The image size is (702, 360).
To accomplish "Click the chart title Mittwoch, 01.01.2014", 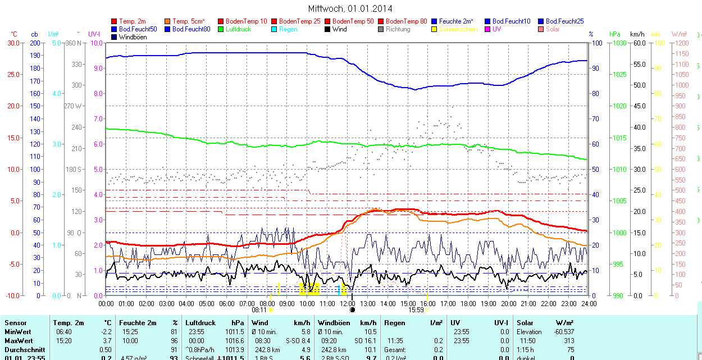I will [x=350, y=8].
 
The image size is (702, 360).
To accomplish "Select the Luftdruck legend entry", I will [x=238, y=29].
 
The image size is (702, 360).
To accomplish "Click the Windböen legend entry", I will [x=133, y=37].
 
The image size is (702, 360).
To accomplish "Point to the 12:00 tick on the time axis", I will [x=348, y=304].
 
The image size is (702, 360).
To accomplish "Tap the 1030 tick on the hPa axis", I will [x=619, y=43].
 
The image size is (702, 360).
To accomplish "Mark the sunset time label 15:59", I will [x=416, y=309].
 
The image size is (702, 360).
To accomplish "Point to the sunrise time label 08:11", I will [x=259, y=309].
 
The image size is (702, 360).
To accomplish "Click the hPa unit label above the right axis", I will [x=616, y=34].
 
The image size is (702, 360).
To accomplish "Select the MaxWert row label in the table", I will [x=19, y=341].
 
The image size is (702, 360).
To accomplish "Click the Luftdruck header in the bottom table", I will [x=200, y=323].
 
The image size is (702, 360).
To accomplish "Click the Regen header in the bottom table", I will [x=394, y=323].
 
